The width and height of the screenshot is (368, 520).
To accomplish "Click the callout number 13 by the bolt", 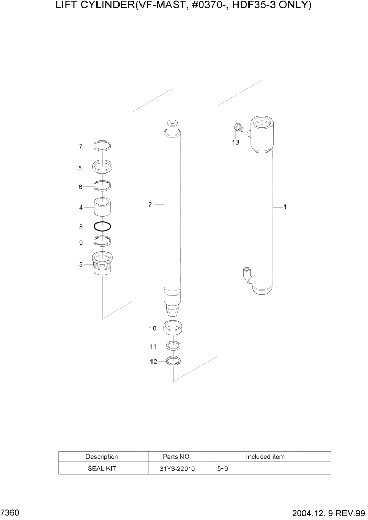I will click(x=236, y=142).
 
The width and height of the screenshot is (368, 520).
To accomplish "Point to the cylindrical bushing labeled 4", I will click(x=103, y=207).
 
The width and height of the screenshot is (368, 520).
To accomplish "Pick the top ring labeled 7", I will click(x=103, y=146).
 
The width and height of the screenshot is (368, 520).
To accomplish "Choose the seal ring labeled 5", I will click(x=103, y=167).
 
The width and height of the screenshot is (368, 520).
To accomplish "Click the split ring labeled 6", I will click(x=103, y=186).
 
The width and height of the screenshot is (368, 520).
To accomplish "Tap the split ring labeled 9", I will click(x=103, y=241).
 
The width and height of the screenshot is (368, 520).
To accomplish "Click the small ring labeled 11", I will click(x=174, y=346).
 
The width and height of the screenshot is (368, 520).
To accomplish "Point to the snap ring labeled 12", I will click(x=174, y=361).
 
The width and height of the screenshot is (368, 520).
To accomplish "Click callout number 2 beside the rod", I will click(x=150, y=205).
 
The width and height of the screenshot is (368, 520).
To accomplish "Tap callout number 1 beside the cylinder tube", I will click(x=285, y=207).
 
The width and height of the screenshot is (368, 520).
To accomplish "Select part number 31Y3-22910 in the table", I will click(x=178, y=468).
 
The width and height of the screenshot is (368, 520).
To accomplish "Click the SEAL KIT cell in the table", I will click(x=102, y=468).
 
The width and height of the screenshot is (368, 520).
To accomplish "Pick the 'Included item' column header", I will click(x=265, y=457).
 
